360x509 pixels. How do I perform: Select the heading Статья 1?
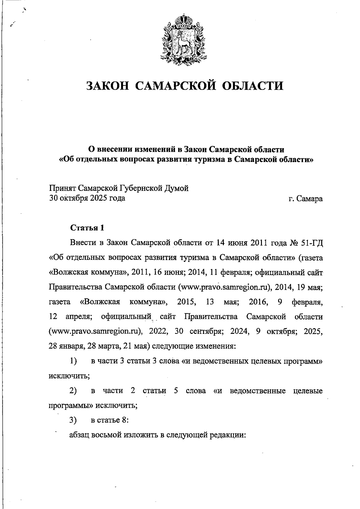coord(87,228)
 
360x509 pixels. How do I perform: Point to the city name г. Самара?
coord(305,199)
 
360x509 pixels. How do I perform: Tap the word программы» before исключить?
coord(71,406)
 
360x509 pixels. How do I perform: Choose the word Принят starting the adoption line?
coord(62,189)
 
